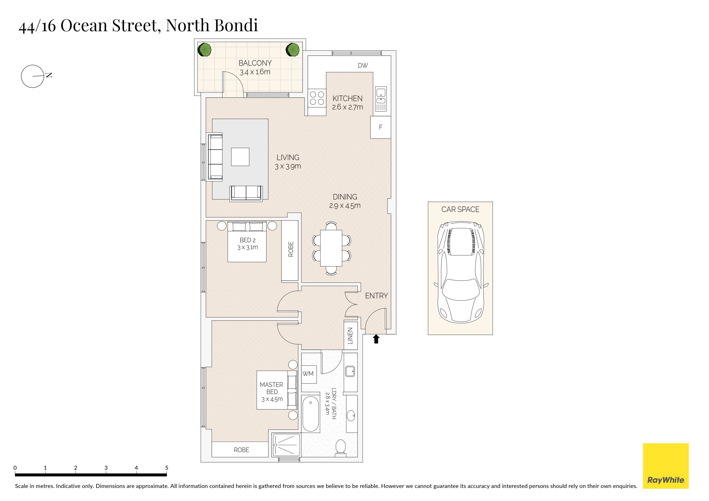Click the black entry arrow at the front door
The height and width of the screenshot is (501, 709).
coord(376,339)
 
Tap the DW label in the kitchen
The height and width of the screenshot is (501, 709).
coord(363,65)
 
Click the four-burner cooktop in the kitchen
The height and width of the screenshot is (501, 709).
coord(317,98)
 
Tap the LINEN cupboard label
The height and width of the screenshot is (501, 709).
coord(350,336)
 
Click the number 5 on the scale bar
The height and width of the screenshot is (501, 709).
coord(167,468)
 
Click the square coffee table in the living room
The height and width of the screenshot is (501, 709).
coord(240,157)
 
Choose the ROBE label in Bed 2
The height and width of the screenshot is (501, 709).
coord(290,249)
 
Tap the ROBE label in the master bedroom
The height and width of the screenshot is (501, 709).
coord(242,450)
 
